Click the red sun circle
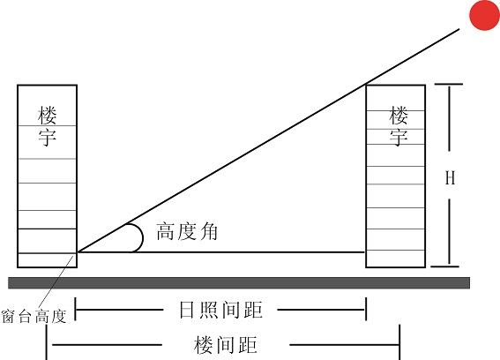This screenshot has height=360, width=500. point(484,15)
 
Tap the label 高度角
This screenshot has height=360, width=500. point(187,231)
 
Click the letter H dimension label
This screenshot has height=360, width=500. point(450,177)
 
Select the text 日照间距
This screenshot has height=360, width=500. point(220,310)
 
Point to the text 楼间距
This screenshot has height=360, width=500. point(226,345)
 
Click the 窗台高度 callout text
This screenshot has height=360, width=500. point(34,316)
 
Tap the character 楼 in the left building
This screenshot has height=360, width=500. point(48,116)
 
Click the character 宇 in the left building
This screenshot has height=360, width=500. point(48,138)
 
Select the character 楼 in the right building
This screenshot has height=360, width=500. point(399,116)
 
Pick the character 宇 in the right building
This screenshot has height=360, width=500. point(399,138)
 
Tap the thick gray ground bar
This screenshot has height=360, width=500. point(239,282)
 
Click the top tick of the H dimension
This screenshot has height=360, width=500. point(449,84)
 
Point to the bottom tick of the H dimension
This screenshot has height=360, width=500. point(445,266)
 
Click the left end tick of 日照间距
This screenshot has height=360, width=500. point(76,309)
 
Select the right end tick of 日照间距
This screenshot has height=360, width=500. point(366,309)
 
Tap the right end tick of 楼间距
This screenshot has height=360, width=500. point(399,342)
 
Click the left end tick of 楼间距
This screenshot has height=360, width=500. point(47,342)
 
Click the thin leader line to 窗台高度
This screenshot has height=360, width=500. point(56,281)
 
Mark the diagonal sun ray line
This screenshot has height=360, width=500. point(269,140)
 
